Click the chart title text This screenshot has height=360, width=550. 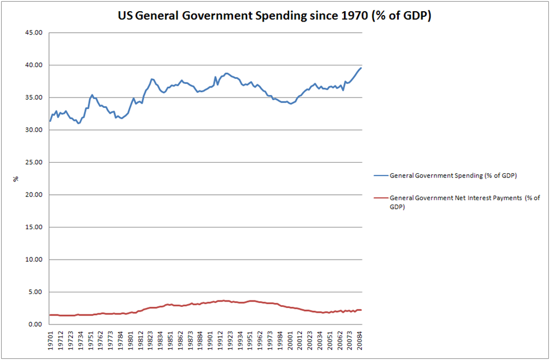[274, 16]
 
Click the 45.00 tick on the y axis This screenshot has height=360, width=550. [34, 33]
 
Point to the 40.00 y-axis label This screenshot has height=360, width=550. [34, 65]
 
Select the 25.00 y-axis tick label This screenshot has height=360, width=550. [34, 162]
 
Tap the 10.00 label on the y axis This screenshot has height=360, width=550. [34, 260]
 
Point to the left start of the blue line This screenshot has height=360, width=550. [50, 121]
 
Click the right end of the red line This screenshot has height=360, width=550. [362, 310]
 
